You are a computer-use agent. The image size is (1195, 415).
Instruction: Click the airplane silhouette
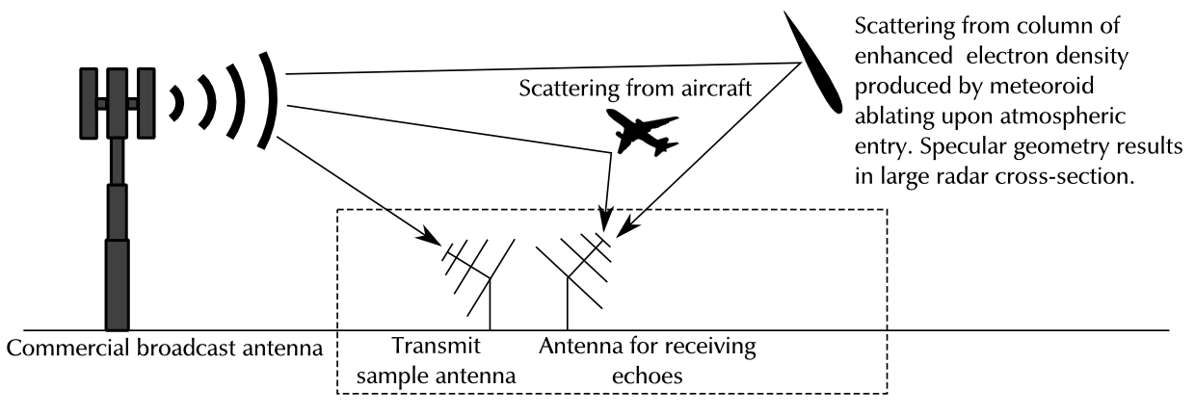point(646,131)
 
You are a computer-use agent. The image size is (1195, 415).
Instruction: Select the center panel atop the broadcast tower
point(118,102)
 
